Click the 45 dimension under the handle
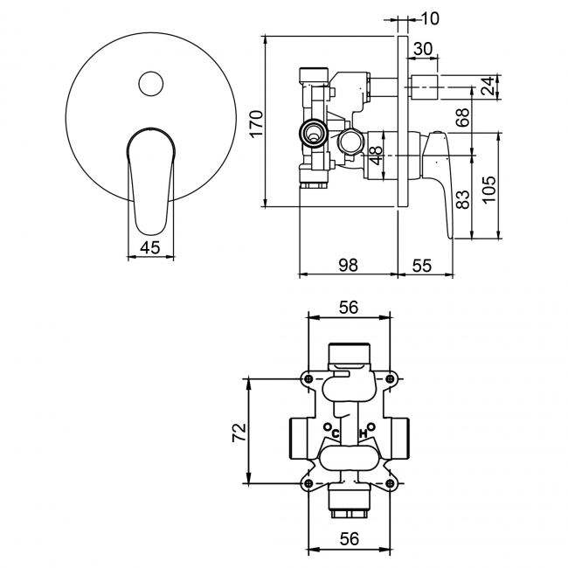pyautogui.click(x=149, y=247)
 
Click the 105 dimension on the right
pyautogui.click(x=489, y=186)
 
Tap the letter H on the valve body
pyautogui.click(x=363, y=433)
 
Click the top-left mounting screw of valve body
pyautogui.click(x=308, y=378)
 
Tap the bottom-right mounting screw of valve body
pyautogui.click(x=389, y=481)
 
